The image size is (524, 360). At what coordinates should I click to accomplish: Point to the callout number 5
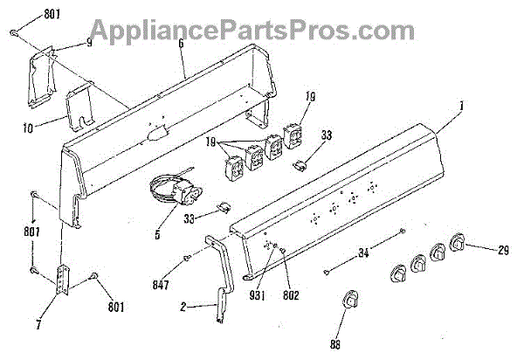(x=157, y=234)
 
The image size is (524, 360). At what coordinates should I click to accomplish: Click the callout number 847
(x=160, y=286)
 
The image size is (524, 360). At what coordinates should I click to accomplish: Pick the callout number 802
(x=291, y=295)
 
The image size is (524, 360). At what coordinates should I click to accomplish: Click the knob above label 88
(x=349, y=299)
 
